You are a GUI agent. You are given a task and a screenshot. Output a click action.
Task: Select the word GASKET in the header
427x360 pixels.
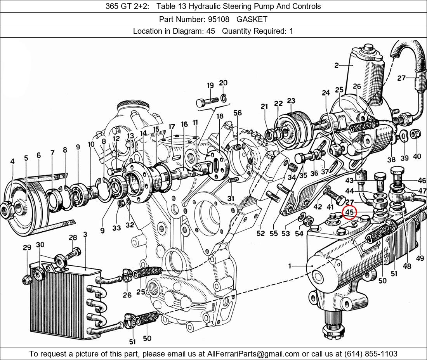tap(252, 19)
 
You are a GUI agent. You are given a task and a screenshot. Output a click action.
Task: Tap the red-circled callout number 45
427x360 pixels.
tap(350, 212)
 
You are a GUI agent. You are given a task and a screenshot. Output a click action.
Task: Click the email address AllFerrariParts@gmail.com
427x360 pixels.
tap(253, 354)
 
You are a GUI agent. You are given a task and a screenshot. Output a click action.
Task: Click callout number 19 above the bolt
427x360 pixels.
tap(210, 86)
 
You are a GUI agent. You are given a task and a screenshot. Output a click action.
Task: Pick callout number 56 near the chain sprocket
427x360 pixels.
tap(238, 113)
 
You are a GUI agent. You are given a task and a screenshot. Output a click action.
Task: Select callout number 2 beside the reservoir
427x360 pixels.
tap(337, 66)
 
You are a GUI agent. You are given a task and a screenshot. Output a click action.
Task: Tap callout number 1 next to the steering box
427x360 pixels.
tap(290, 266)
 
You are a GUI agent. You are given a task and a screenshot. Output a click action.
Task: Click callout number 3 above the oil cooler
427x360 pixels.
tap(85, 235)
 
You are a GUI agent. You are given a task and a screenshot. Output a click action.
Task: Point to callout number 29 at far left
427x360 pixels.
tap(27, 247)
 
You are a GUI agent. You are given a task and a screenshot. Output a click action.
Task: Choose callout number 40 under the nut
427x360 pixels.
tap(417, 157)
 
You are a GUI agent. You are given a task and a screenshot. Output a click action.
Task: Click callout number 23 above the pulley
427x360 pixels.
tap(291, 101)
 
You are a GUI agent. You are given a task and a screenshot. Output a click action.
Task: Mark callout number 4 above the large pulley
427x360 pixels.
tap(12, 161)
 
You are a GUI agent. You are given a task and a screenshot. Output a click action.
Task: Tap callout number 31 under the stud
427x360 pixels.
tap(231, 198)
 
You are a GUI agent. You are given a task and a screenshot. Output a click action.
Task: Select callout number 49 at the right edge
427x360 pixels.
tap(420, 257)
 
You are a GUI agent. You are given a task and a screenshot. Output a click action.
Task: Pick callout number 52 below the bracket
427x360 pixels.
tap(260, 233)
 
